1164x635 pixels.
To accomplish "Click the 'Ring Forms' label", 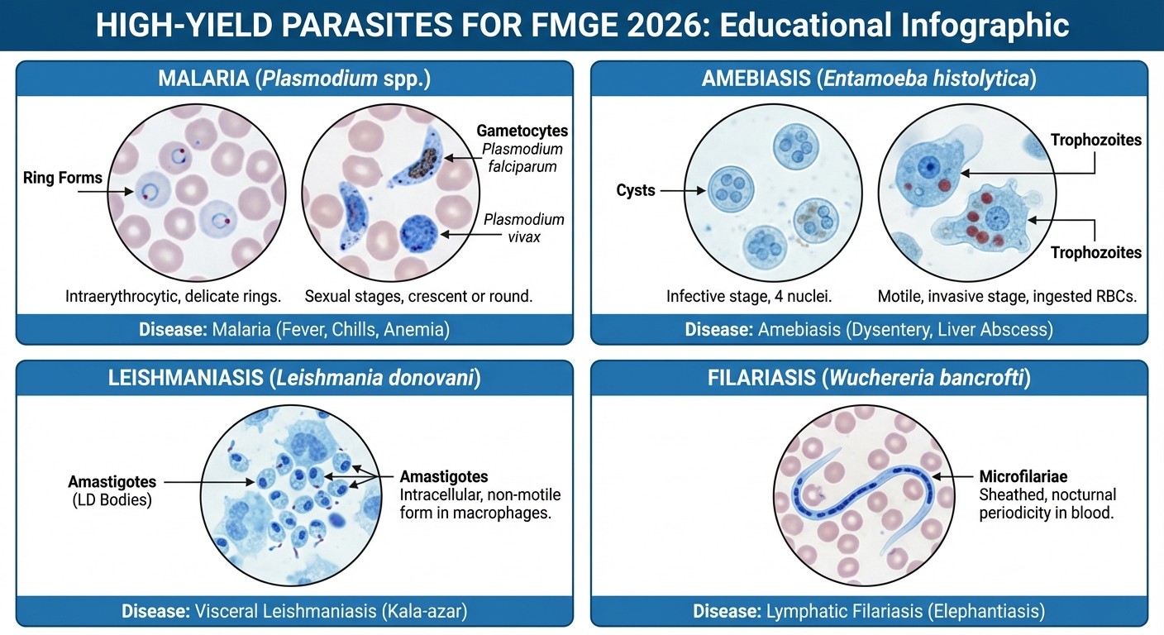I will click(x=63, y=178).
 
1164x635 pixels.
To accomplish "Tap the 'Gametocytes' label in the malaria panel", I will click(x=522, y=131).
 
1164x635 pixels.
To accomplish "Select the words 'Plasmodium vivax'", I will click(x=523, y=227).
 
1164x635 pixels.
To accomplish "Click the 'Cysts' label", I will click(x=636, y=190).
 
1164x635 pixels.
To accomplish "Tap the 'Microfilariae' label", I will click(x=1023, y=476).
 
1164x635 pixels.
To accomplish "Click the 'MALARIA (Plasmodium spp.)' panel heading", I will click(x=294, y=79).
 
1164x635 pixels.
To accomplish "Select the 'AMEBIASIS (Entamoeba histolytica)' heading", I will click(x=869, y=79).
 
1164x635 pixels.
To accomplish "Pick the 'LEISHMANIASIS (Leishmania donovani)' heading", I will click(x=294, y=379).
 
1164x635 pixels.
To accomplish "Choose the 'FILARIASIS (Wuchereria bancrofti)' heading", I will click(x=869, y=379).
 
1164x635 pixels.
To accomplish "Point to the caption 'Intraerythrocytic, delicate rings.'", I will click(x=173, y=296).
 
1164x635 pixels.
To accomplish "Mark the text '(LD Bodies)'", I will click(x=110, y=499).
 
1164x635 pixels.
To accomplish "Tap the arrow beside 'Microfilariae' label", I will click(x=953, y=477).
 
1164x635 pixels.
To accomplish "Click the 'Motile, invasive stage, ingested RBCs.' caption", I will click(x=1007, y=296).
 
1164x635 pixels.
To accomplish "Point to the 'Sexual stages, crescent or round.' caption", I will click(x=418, y=296).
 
